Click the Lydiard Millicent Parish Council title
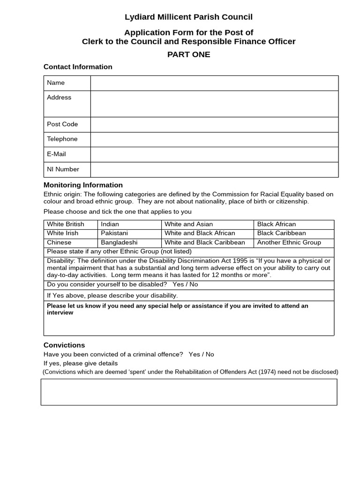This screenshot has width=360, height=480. (188, 17)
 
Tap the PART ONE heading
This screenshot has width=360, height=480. (188, 54)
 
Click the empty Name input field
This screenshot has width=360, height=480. (214, 83)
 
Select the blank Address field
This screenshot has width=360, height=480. (214, 104)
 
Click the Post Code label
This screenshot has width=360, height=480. (62, 124)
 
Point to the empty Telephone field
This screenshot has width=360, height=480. (214, 139)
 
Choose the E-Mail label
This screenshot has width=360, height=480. (56, 154)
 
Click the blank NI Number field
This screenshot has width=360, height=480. (214, 169)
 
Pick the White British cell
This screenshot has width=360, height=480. (66, 225)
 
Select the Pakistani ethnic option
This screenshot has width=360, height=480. (114, 233)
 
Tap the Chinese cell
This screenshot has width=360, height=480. (60, 243)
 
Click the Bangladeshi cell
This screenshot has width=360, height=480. (119, 243)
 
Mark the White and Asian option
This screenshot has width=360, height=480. (189, 225)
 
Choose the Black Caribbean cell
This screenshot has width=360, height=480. (281, 233)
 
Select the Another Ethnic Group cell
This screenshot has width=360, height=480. (289, 243)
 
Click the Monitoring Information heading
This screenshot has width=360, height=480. (83, 185)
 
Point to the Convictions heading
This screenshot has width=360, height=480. (64, 345)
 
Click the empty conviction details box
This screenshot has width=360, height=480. (188, 392)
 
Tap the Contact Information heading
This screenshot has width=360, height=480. (78, 67)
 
